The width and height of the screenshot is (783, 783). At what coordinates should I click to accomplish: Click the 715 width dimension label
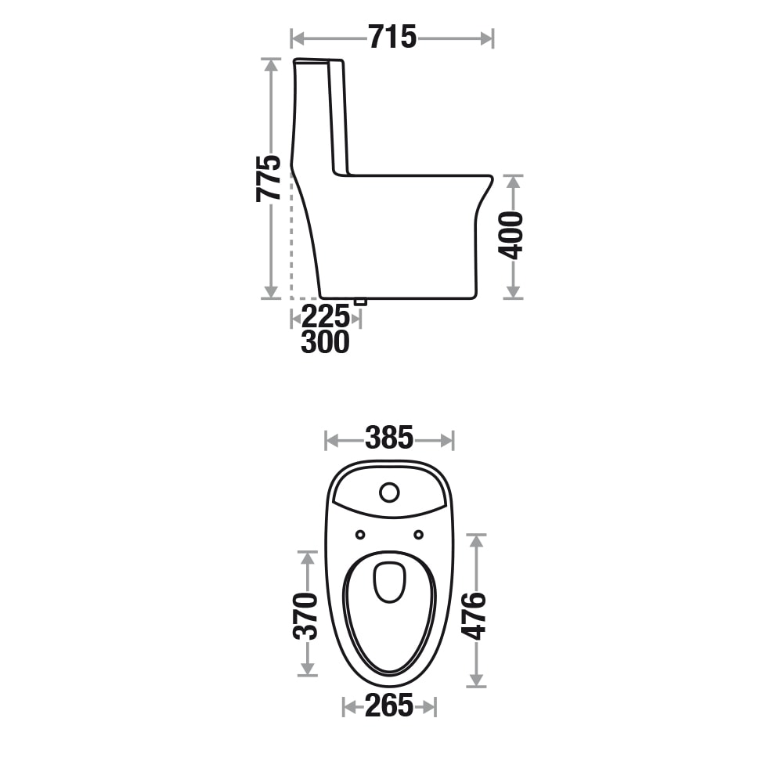(392, 38)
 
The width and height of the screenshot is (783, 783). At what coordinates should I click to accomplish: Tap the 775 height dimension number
(268, 179)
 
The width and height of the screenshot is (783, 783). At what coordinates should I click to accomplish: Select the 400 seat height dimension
(511, 235)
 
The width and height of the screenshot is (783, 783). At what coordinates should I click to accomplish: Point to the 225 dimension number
(325, 316)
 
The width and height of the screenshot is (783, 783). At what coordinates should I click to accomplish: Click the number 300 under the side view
(325, 342)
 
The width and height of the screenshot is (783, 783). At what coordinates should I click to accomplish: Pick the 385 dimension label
(389, 438)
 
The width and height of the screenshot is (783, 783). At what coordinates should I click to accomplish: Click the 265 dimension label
(389, 705)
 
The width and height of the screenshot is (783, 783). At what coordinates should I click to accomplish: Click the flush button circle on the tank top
(389, 493)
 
